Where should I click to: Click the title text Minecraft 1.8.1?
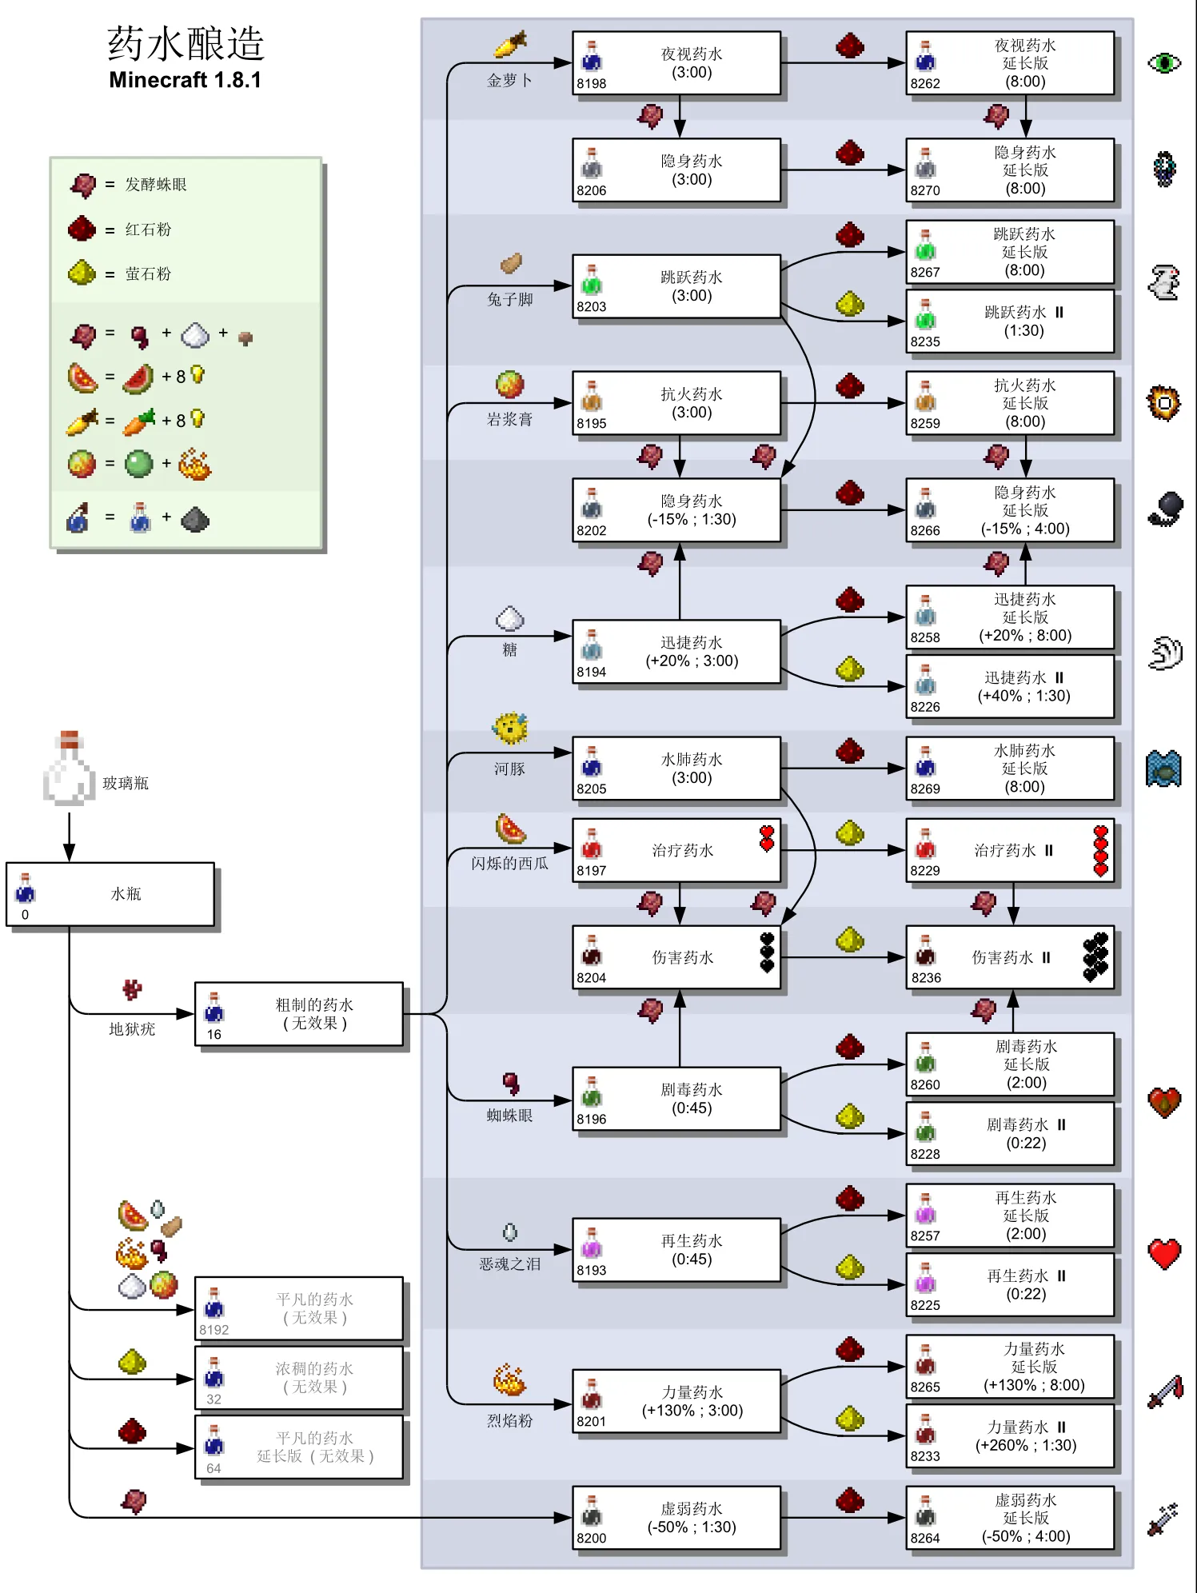(x=185, y=80)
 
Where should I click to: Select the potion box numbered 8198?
(x=676, y=63)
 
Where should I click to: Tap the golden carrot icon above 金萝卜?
(x=510, y=45)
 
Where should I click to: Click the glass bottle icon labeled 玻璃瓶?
(x=69, y=769)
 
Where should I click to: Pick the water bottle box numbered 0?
(x=110, y=894)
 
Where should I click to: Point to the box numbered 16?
(x=299, y=1014)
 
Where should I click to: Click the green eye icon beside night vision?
(x=1164, y=62)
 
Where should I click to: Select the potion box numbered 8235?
(x=1009, y=321)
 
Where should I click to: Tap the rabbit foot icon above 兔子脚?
(x=511, y=263)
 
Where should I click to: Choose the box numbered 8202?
(x=676, y=510)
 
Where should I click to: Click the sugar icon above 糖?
(x=509, y=618)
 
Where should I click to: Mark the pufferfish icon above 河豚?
(x=509, y=729)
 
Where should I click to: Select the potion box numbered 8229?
(x=1009, y=850)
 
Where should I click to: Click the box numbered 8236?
(x=1009, y=957)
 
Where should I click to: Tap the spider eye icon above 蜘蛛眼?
(x=511, y=1084)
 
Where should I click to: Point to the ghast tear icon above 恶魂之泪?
(x=510, y=1232)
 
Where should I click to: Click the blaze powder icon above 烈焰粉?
(x=509, y=1381)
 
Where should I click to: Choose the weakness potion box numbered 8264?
(x=1009, y=1518)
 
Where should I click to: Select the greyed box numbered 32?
(x=299, y=1378)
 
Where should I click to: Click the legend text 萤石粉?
(x=148, y=273)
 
